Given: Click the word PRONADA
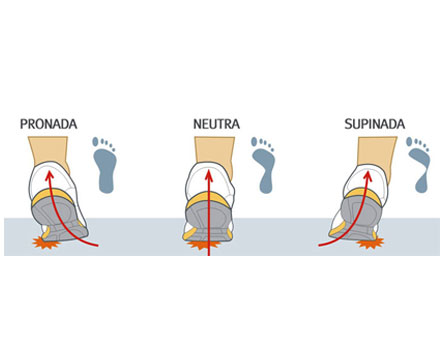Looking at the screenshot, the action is (x=49, y=124).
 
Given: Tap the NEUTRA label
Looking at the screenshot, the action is (x=216, y=124).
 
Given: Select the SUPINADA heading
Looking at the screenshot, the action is (x=375, y=124).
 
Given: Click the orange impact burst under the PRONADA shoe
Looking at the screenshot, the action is (x=46, y=243).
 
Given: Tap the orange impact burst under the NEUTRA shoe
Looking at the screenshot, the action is (x=204, y=245).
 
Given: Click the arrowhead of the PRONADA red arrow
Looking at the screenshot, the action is (x=50, y=175).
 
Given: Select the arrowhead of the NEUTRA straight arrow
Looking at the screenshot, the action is (x=209, y=175).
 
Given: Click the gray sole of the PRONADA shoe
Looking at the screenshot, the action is (x=58, y=218).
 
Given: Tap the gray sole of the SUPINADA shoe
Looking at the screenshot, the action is (x=357, y=218).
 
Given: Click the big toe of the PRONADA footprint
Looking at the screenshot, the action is (x=95, y=141).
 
